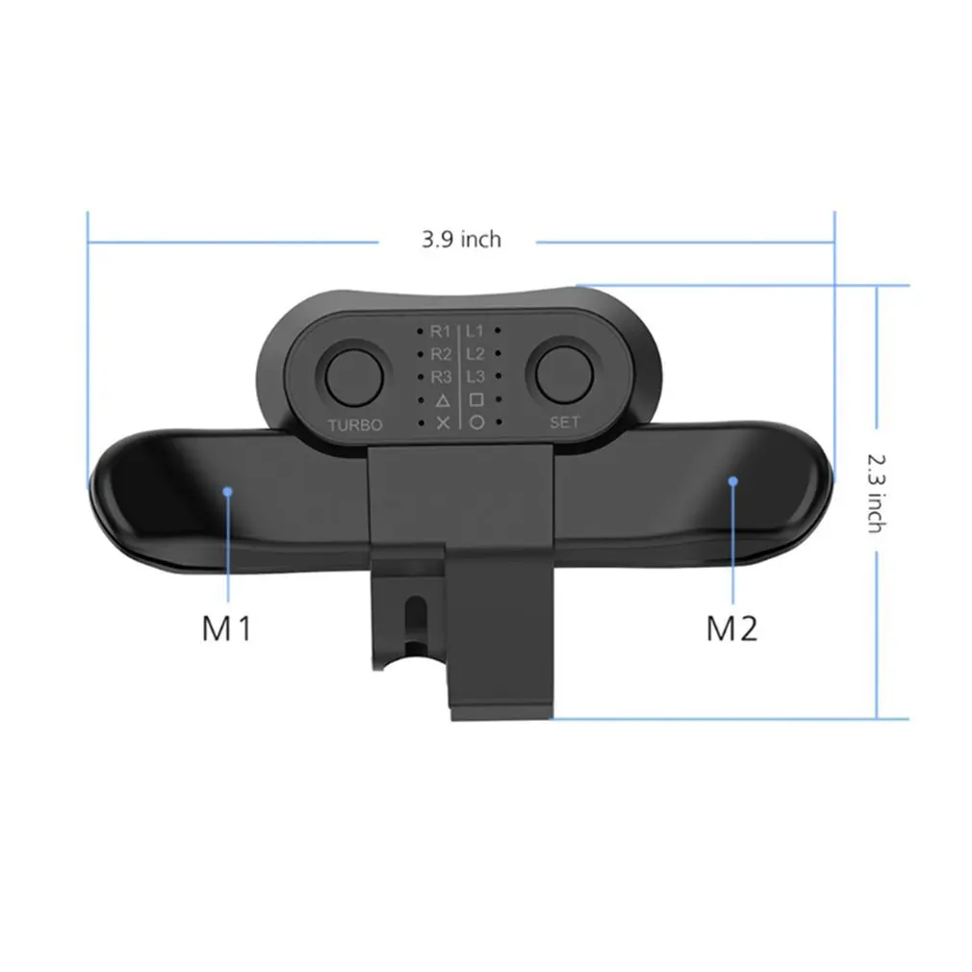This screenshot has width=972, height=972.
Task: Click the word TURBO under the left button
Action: (355, 424)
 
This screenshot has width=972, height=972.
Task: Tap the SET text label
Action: (565, 422)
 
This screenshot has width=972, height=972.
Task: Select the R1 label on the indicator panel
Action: (442, 331)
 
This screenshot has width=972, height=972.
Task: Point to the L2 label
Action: (474, 354)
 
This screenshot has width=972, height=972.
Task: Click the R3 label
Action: (442, 376)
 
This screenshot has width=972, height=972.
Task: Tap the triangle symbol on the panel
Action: (442, 399)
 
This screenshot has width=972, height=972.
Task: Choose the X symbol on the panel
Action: (443, 422)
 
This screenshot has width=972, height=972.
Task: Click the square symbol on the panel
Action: (475, 399)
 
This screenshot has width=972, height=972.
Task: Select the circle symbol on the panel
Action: (475, 422)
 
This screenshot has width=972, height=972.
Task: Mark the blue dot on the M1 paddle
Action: (227, 491)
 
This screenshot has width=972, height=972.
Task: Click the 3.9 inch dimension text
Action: (461, 239)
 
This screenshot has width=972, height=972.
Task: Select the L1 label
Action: (474, 331)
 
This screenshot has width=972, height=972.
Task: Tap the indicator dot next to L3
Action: (498, 376)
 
